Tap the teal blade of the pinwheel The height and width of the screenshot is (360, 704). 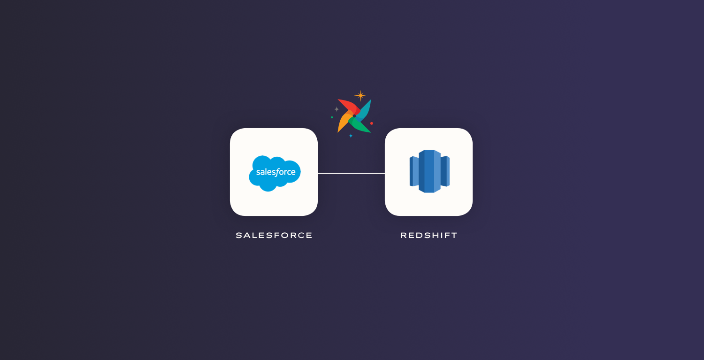(x=364, y=110)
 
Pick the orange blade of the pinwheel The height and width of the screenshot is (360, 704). (x=344, y=121)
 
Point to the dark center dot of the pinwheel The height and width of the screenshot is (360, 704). (x=354, y=116)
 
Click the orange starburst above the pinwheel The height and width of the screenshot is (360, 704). (x=360, y=96)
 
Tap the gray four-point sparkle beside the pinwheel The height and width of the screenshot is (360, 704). (x=337, y=109)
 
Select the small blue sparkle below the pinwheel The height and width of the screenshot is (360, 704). (x=351, y=136)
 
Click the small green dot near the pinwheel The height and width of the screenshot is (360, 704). (x=332, y=117)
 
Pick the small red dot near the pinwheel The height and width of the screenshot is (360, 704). (x=372, y=123)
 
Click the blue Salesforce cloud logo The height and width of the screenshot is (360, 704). (x=275, y=173)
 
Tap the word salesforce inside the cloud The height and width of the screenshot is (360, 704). (x=276, y=172)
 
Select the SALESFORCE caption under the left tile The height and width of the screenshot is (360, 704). (x=274, y=235)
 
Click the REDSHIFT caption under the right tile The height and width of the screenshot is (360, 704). (x=429, y=235)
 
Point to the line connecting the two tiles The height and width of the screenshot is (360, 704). (x=352, y=173)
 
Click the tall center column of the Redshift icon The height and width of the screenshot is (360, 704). (x=429, y=171)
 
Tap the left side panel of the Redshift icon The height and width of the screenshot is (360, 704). (x=414, y=171)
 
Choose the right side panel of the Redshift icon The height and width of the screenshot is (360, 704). (x=445, y=171)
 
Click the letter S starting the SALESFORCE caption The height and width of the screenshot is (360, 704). (x=239, y=235)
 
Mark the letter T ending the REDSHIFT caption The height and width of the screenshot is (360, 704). (x=454, y=235)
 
